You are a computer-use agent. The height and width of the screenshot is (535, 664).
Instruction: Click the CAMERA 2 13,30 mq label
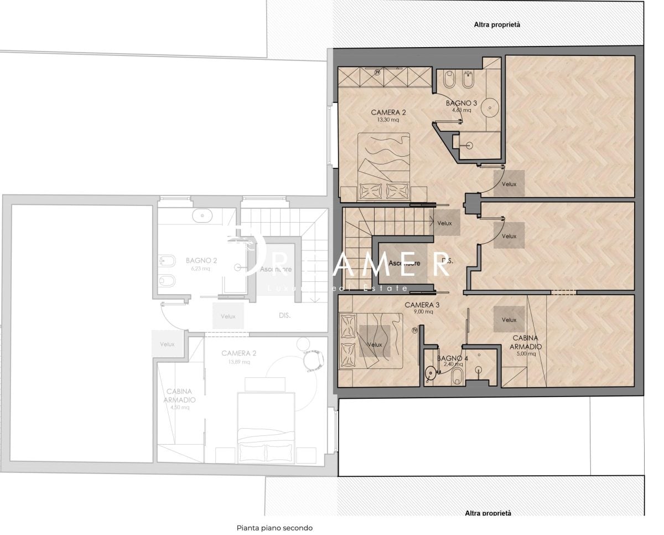388,115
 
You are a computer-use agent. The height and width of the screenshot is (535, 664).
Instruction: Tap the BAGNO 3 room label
461,106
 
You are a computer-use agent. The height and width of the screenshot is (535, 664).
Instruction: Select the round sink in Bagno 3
490,106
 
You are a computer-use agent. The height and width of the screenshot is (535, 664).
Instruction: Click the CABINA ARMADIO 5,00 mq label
526,346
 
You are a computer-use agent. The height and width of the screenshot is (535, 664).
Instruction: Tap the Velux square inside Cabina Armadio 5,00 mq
509,320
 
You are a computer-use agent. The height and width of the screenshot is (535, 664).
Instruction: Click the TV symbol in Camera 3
414,331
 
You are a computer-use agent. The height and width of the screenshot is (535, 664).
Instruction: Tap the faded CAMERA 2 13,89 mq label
238,357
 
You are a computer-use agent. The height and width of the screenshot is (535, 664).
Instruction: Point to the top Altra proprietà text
497,24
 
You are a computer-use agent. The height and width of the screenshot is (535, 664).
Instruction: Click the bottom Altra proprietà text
487,513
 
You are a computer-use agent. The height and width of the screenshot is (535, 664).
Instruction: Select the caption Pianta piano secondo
274,528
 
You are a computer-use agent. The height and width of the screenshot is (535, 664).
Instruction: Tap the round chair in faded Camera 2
314,359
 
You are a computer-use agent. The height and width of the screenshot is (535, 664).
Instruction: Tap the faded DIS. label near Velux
284,316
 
